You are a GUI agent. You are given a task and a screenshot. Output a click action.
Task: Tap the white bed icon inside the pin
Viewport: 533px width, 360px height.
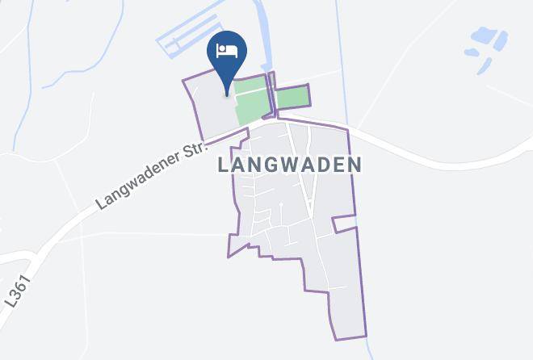coord(227,51)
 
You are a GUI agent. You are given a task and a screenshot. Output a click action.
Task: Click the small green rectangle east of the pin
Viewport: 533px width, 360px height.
coord(292,97)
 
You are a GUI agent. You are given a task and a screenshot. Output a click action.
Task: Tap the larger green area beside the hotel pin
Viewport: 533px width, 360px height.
coord(252,100)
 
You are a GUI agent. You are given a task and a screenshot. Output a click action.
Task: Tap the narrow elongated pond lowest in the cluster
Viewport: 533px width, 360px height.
coord(485,67)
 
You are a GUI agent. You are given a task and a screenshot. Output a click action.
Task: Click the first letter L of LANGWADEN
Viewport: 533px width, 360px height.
coord(224,165)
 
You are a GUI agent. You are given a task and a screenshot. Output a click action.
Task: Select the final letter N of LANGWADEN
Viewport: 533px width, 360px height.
coord(354,165)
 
